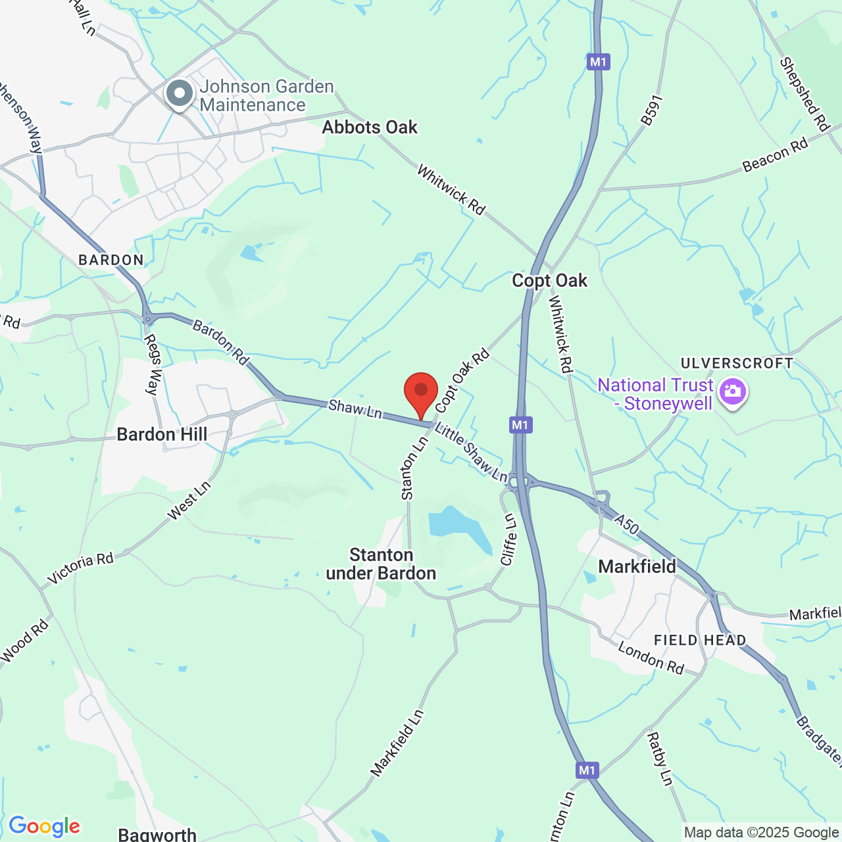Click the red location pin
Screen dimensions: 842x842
[x=420, y=393]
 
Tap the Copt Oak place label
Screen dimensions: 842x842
[x=549, y=281]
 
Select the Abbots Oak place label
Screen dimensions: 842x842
[x=370, y=128]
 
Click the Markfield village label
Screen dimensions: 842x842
[x=637, y=566]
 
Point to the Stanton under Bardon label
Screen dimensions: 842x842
[x=381, y=564]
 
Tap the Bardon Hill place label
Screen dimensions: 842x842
[x=162, y=434]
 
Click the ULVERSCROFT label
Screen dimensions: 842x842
[x=737, y=363]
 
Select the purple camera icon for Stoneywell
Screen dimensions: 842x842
[x=732, y=392]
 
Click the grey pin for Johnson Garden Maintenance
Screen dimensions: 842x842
[x=179, y=94]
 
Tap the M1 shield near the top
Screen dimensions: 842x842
[x=598, y=62]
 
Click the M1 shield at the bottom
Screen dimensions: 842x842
[x=587, y=770]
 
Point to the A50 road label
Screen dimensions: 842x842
[x=627, y=524]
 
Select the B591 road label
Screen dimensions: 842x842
[x=651, y=111]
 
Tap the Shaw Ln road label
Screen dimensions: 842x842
[x=355, y=409]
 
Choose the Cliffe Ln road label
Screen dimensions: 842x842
[x=508, y=539]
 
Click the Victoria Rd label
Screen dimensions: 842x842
[x=81, y=569]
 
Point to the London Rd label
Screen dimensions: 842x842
[x=651, y=658]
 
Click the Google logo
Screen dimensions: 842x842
[x=44, y=826]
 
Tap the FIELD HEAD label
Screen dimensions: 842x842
[x=700, y=640]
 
